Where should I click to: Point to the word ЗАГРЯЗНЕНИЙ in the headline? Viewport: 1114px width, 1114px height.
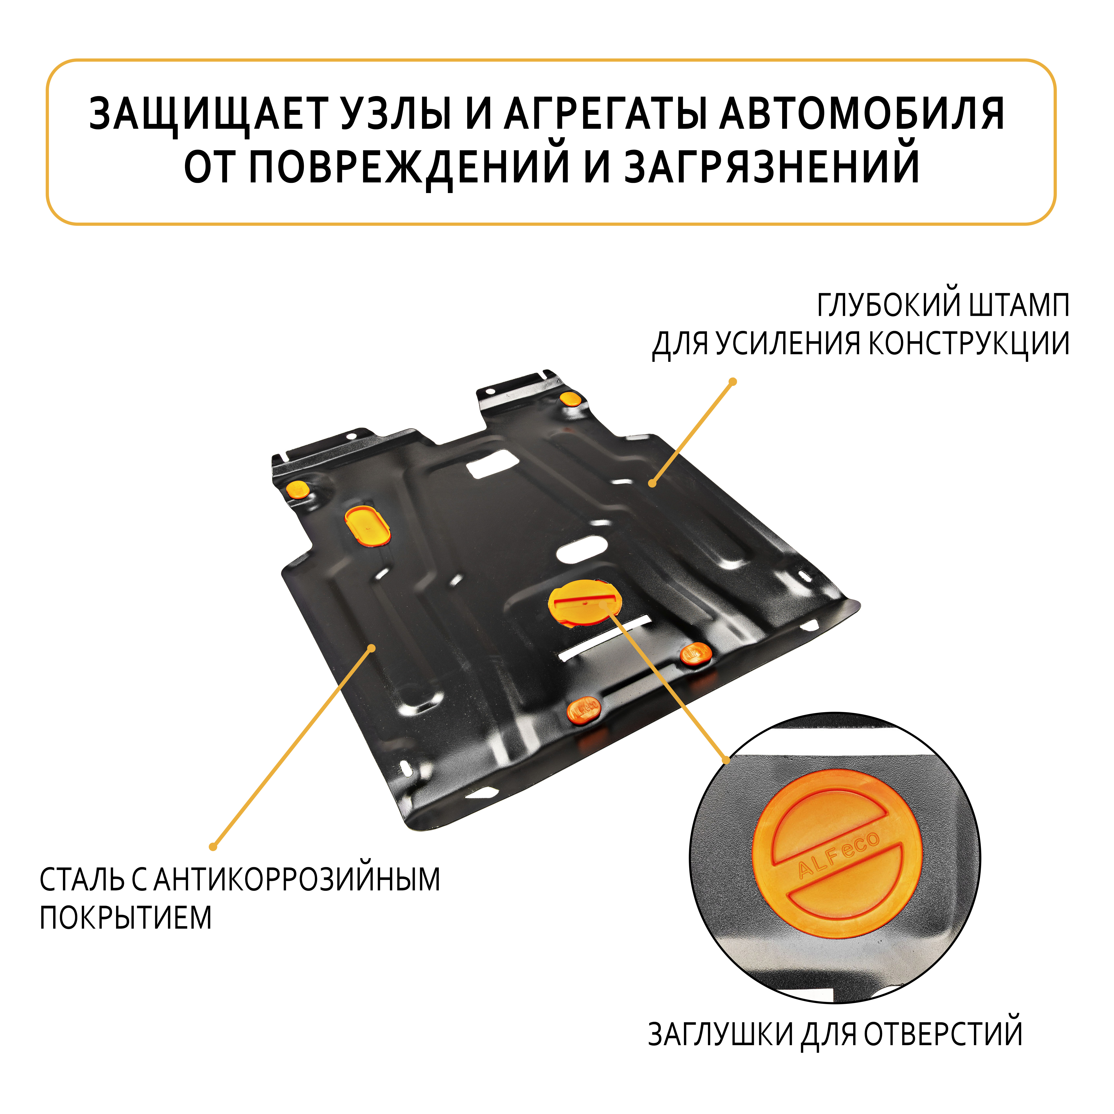pyautogui.click(x=773, y=167)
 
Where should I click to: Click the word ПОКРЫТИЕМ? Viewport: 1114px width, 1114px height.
pyautogui.click(x=126, y=918)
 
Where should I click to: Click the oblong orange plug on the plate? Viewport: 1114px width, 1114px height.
pyautogui.click(x=367, y=526)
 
